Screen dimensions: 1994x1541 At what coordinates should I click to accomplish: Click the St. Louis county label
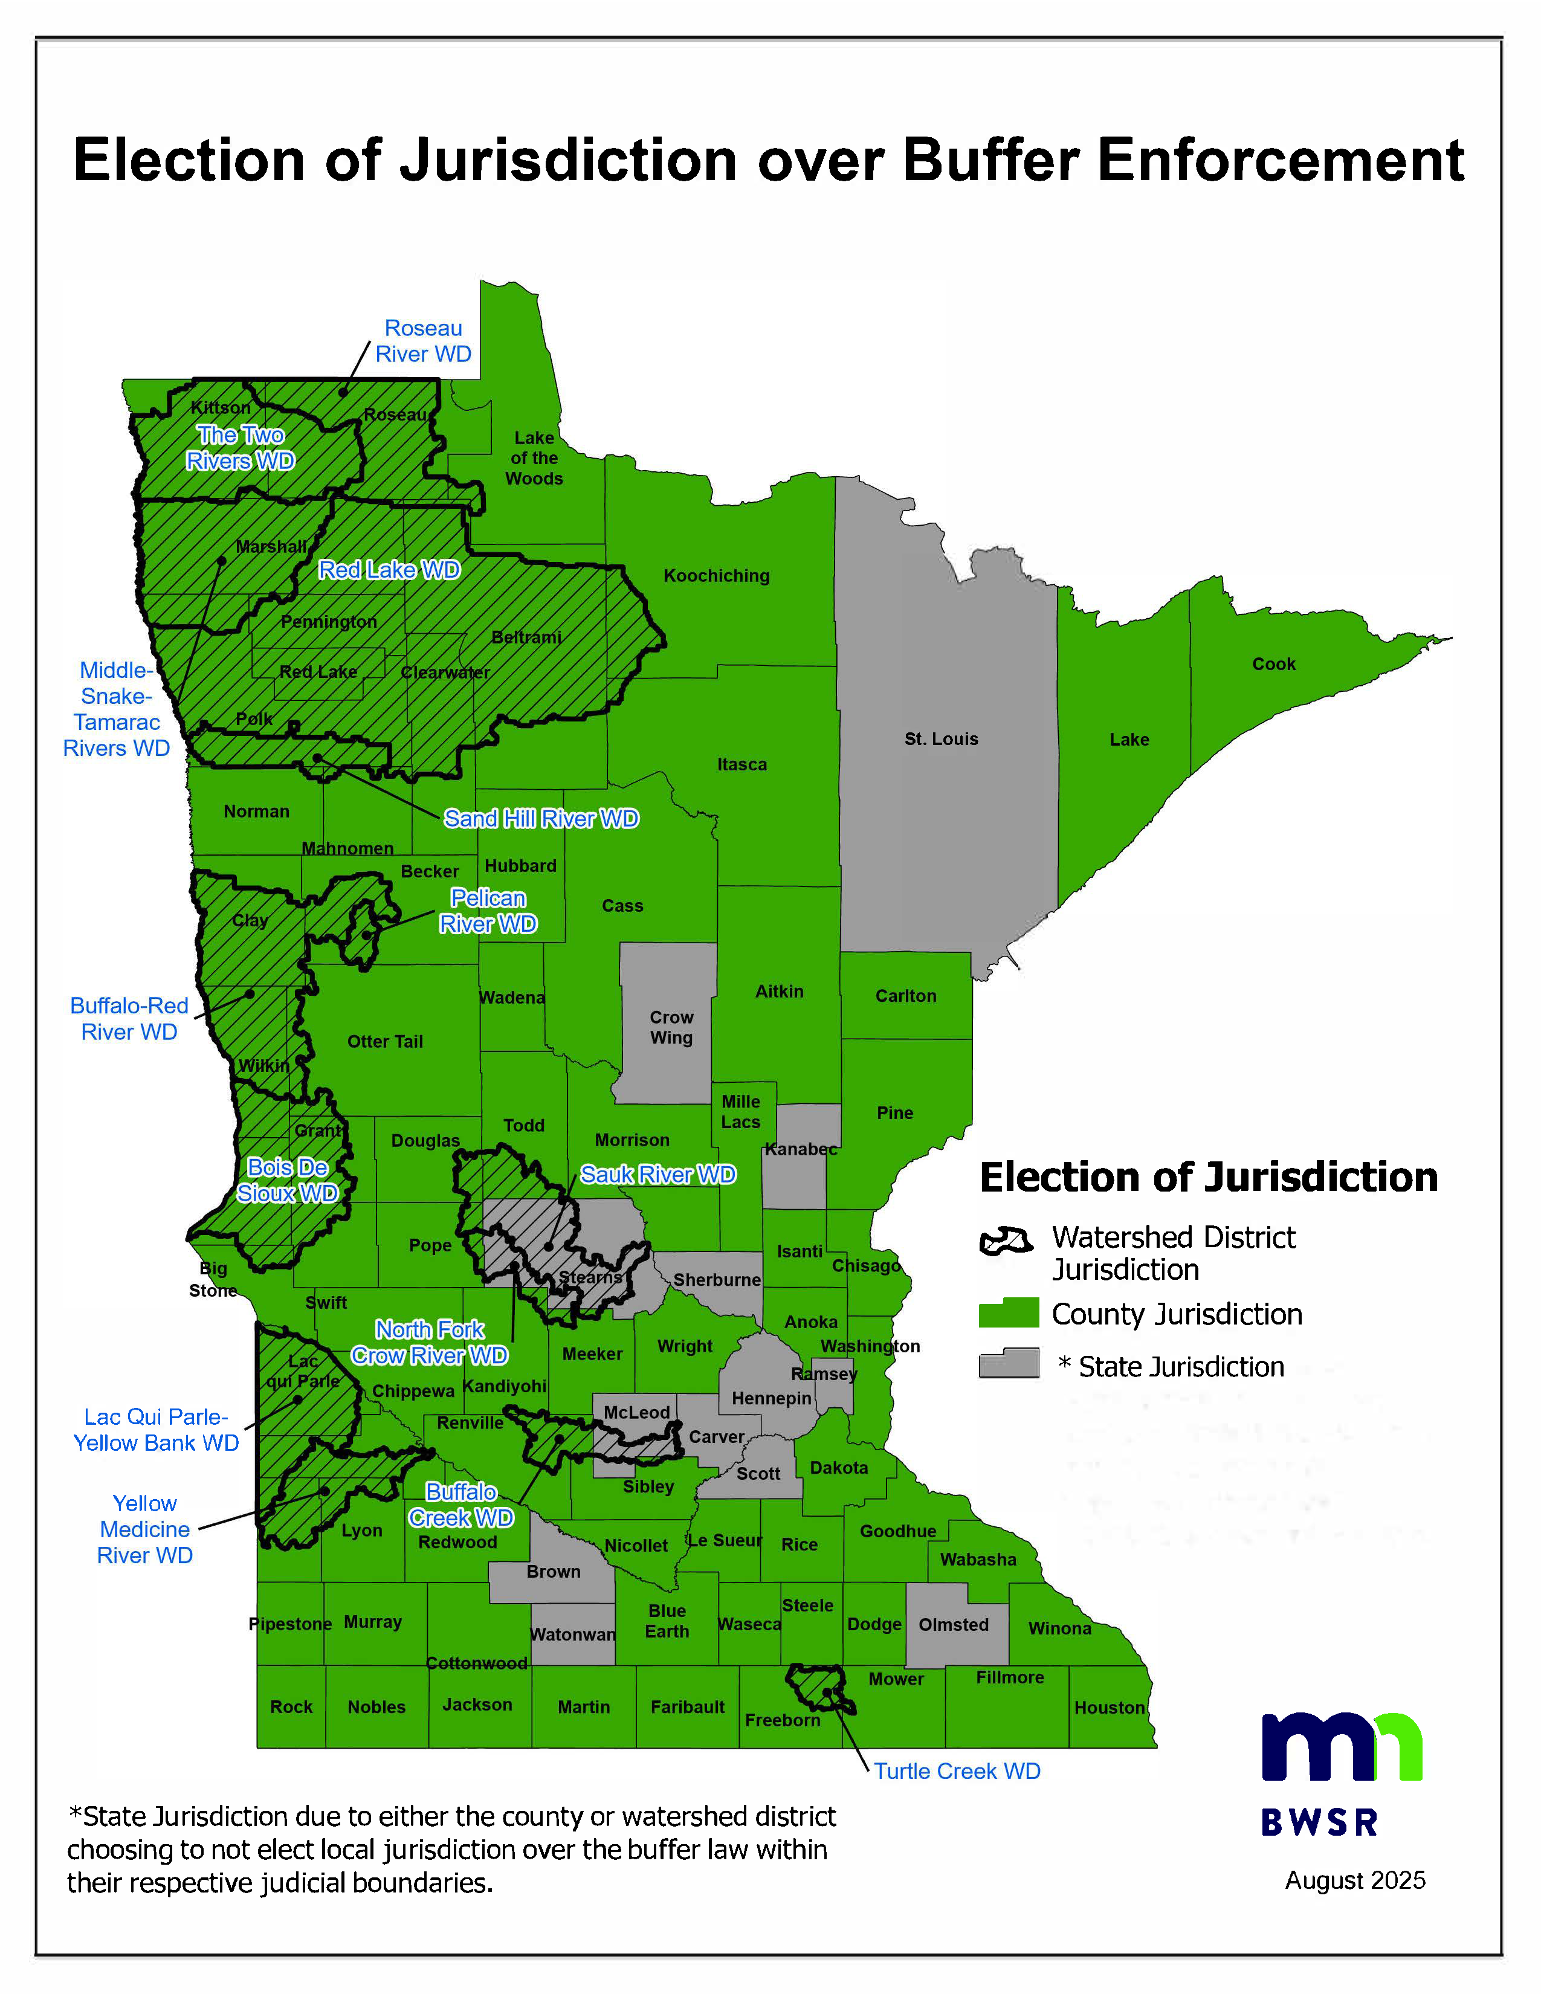pos(940,738)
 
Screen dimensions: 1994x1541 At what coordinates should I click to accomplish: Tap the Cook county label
pos(1273,663)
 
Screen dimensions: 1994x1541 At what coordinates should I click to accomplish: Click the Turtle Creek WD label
pos(957,1770)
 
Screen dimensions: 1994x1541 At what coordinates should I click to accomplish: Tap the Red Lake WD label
pos(389,570)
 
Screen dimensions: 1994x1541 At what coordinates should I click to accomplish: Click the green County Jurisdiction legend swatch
pos(1008,1313)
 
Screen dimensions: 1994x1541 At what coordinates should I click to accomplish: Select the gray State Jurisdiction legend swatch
pos(1008,1364)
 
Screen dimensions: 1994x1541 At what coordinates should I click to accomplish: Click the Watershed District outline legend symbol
pos(1006,1241)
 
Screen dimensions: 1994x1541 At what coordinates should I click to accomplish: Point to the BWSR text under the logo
pos(1319,1822)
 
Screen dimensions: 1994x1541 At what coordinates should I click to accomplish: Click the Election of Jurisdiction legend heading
pos(1208,1177)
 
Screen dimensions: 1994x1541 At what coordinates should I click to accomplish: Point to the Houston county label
pos(1108,1708)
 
